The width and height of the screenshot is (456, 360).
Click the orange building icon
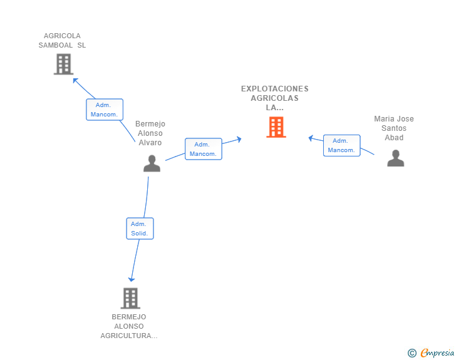click(x=276, y=127)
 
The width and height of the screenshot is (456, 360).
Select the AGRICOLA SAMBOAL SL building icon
click(x=63, y=64)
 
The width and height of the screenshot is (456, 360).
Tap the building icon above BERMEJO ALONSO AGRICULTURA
click(x=130, y=299)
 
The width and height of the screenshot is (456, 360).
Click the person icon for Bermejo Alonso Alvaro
click(x=152, y=163)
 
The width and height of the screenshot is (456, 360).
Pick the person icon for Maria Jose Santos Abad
click(x=395, y=158)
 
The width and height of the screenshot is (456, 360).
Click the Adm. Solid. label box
click(x=140, y=229)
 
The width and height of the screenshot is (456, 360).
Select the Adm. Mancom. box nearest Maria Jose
click(x=342, y=145)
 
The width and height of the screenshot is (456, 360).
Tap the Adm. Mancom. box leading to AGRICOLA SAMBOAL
click(x=105, y=110)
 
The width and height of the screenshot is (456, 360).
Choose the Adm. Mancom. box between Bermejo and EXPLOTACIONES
click(x=204, y=149)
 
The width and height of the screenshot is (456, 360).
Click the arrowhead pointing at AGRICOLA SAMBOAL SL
click(x=75, y=80)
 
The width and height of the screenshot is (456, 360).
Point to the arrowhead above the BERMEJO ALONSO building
click(x=132, y=279)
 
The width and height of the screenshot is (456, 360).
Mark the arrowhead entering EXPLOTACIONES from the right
click(x=311, y=138)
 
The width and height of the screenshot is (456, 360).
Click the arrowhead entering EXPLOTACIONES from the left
click(x=239, y=139)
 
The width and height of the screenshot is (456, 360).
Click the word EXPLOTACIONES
click(x=274, y=89)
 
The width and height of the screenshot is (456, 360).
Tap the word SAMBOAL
click(x=56, y=45)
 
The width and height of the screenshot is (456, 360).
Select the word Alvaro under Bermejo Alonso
click(x=150, y=143)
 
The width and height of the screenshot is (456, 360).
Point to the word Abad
click(x=394, y=138)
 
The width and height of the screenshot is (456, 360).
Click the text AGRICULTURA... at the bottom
click(x=129, y=336)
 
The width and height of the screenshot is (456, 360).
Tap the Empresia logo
click(x=437, y=352)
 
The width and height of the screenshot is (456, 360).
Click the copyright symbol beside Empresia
click(x=412, y=353)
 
